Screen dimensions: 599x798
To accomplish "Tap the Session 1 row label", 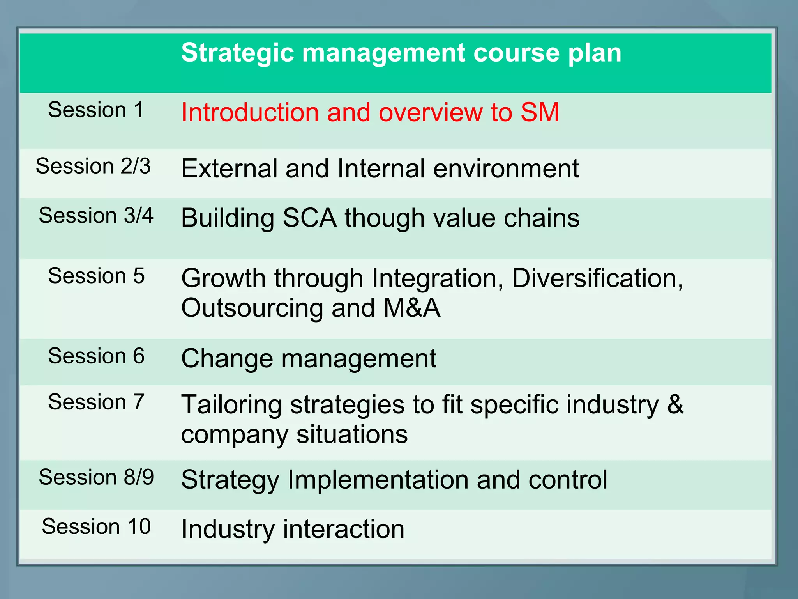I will (96, 110).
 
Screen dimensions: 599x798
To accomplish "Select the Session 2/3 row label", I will (93, 166).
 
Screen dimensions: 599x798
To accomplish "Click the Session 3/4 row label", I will (96, 215).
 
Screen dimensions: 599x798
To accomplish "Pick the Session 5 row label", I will (96, 276).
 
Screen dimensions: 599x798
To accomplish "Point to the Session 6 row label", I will (96, 356).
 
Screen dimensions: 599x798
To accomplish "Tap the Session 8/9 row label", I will (96, 477).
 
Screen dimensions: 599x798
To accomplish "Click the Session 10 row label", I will (96, 526).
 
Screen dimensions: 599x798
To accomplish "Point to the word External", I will (229, 168).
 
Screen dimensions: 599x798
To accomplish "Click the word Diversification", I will (597, 278).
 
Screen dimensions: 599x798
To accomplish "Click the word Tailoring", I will (231, 405).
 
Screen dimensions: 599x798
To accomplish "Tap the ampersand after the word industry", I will (675, 404).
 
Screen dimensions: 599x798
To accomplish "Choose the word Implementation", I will (378, 480).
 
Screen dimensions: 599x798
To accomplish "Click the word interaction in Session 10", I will (344, 529).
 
